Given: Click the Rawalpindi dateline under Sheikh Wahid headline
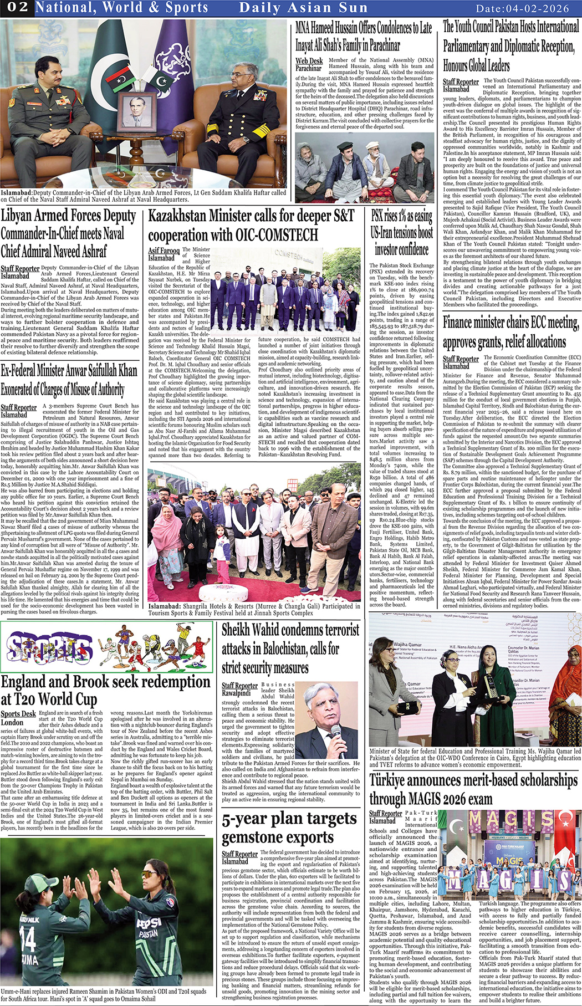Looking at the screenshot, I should click(x=236, y=693).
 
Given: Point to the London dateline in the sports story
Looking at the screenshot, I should click(x=12, y=722).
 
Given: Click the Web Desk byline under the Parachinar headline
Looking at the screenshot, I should click(x=309, y=61).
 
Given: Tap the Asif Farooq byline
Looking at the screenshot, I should click(x=164, y=251).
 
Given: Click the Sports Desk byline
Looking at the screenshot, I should click(x=18, y=714).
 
